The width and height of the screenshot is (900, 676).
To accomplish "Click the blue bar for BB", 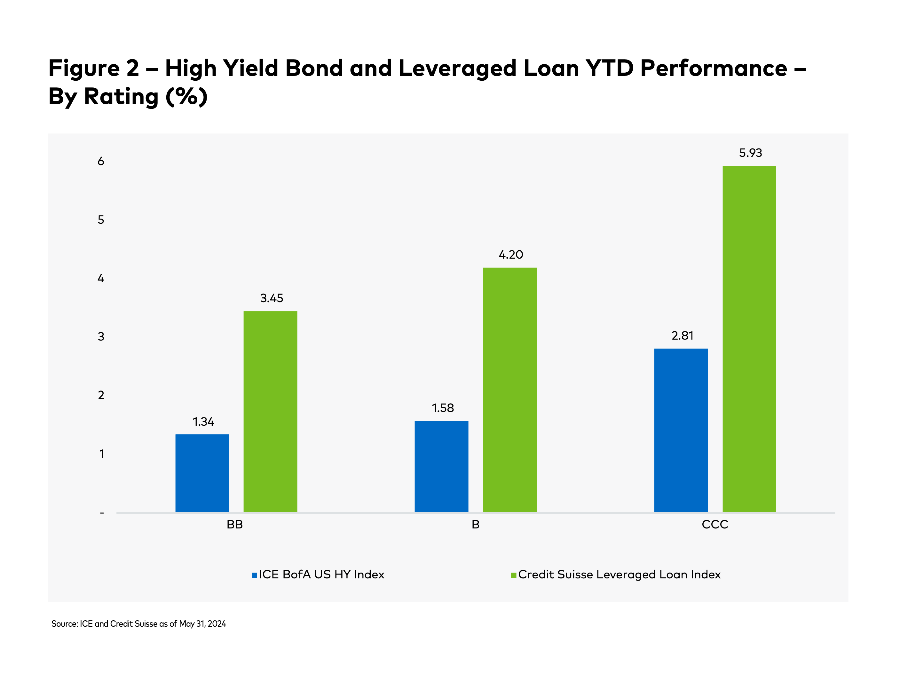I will [202, 473].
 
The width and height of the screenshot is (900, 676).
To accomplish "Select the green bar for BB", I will [270, 411].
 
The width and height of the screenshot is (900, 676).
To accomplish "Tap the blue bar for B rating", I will [441, 466].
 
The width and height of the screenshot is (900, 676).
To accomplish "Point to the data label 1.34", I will [203, 422].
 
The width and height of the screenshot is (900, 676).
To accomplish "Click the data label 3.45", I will [272, 298].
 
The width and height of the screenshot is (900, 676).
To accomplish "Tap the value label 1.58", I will [443, 408].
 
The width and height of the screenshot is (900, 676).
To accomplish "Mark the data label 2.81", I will [682, 335].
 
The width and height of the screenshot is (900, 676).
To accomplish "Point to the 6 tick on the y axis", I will [101, 162].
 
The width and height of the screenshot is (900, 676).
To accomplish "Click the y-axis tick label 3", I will [101, 337].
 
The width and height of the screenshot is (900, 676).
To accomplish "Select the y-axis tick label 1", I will [102, 454].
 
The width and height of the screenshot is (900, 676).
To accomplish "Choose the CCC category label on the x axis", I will [715, 525].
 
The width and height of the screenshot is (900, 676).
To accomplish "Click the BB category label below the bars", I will [235, 525].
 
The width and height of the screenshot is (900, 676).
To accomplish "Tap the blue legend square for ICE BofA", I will [254, 575].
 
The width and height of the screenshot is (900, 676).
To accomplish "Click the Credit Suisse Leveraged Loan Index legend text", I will [619, 575].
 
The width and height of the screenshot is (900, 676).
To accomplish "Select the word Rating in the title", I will [121, 97].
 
